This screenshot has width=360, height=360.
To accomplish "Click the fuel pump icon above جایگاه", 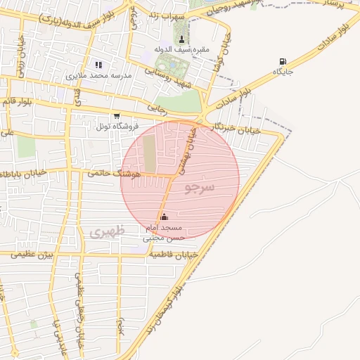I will [x=283, y=62].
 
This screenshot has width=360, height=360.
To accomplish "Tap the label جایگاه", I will [x=283, y=72].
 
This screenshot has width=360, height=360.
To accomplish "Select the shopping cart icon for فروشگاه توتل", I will [x=117, y=116].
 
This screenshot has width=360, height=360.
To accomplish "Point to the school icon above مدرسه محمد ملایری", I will [x=98, y=65].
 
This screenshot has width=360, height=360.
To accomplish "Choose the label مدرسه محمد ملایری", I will [x=96, y=75].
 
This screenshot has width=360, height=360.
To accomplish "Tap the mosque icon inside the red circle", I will [x=165, y=217].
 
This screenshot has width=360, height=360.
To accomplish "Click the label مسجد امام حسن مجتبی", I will [x=163, y=233].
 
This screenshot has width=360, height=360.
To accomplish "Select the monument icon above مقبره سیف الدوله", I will [x=182, y=39].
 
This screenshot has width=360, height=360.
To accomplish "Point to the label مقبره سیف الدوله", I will [x=182, y=49].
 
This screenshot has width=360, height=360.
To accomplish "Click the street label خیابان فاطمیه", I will [x=172, y=255].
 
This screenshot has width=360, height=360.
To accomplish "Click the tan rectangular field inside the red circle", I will [x=150, y=154].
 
